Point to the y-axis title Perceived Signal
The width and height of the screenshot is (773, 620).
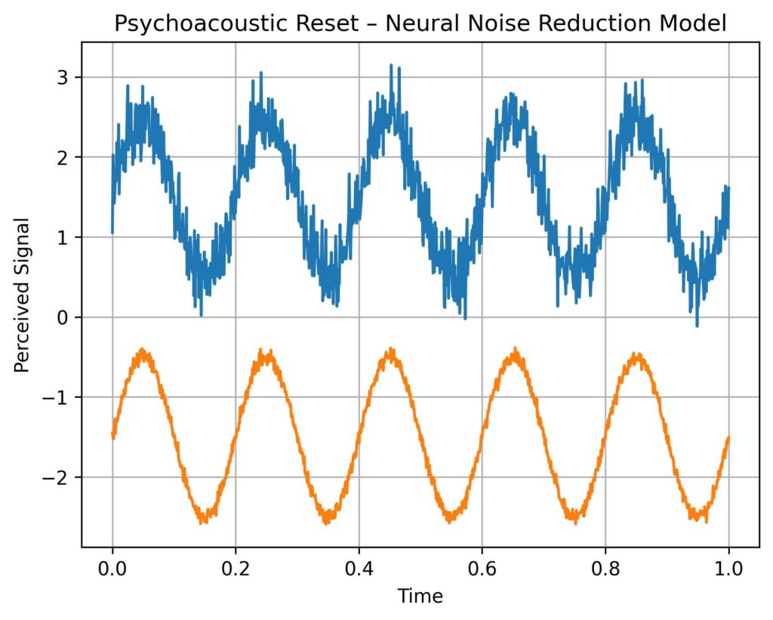pos(23,295)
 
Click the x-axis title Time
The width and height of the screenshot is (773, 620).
pos(420,597)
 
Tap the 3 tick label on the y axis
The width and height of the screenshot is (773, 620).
pos(66,78)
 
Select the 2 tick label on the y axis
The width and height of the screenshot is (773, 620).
pos(66,157)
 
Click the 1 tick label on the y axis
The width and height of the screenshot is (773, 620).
pos(66,237)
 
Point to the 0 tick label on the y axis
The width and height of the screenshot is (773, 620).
pos(66,317)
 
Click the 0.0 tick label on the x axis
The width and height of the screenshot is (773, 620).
pos(112,568)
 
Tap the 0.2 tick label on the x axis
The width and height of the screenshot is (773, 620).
pos(236,568)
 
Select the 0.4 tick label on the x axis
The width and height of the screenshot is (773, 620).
pos(359,568)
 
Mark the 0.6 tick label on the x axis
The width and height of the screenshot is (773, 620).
pos(482,568)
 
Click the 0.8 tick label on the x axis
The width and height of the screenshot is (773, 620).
pos(606,568)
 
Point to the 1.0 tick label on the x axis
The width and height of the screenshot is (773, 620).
pos(729,568)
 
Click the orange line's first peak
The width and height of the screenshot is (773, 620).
pos(142,352)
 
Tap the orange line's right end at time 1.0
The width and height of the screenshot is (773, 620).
pos(729,437)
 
